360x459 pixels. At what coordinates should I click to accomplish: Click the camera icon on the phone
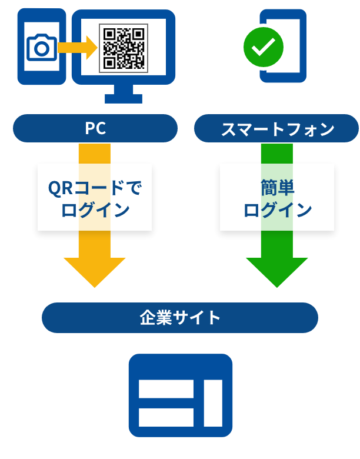41,48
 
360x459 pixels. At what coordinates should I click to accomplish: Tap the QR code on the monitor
123,48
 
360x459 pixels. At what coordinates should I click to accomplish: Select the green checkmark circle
263,47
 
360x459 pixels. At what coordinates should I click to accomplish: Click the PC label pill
95,128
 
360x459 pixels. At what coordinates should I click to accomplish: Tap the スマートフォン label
277,129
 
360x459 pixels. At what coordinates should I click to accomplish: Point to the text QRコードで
95,188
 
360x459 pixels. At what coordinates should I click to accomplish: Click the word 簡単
277,188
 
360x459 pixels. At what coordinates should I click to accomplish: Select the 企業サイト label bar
180,318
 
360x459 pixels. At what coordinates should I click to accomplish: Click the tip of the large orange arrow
94,286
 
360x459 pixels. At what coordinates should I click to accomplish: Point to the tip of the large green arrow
276,286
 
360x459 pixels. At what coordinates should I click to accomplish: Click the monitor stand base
124,98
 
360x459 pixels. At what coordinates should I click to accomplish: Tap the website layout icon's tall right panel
213,403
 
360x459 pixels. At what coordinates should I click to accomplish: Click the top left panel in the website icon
166,388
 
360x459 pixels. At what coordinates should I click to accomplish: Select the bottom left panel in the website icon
166,417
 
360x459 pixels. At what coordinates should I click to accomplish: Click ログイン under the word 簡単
277,209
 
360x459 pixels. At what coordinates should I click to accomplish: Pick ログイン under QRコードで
95,209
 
